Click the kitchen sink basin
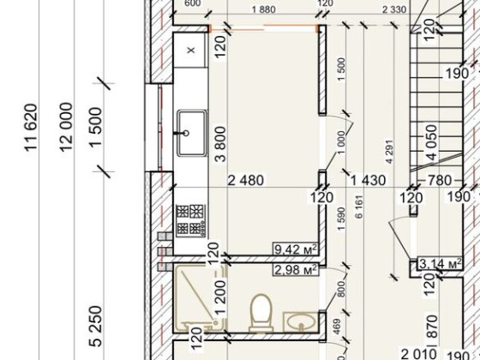click(191, 133)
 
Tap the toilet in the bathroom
click(261, 313)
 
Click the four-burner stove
click(190, 220)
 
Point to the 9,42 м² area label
click(296, 249)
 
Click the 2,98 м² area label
click(296, 270)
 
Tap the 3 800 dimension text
click(221, 144)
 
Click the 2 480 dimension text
click(246, 180)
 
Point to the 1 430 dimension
click(368, 180)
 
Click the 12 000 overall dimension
click(67, 127)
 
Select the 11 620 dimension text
click(31, 128)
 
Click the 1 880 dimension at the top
click(264, 9)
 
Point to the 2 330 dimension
click(394, 9)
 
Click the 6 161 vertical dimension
click(359, 207)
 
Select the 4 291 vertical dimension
click(389, 152)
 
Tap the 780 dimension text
click(439, 180)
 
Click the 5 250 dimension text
click(96, 326)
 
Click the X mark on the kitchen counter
click(191, 50)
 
